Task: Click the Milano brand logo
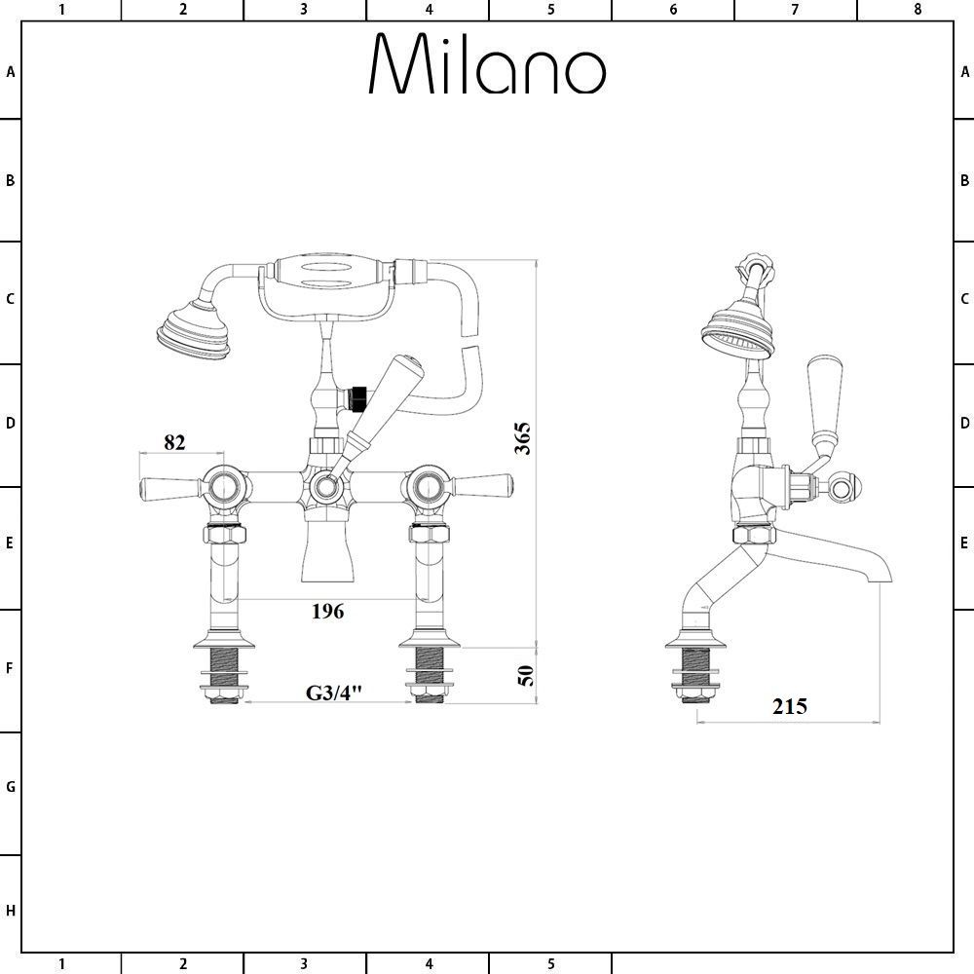(487, 65)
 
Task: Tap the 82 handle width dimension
(174, 441)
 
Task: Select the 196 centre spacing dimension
(327, 612)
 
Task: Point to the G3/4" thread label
(334, 693)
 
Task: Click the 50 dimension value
(525, 673)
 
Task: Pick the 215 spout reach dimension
(790, 706)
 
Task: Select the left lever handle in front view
(170, 485)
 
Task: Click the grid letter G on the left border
(11, 787)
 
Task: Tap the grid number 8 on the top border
(917, 10)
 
